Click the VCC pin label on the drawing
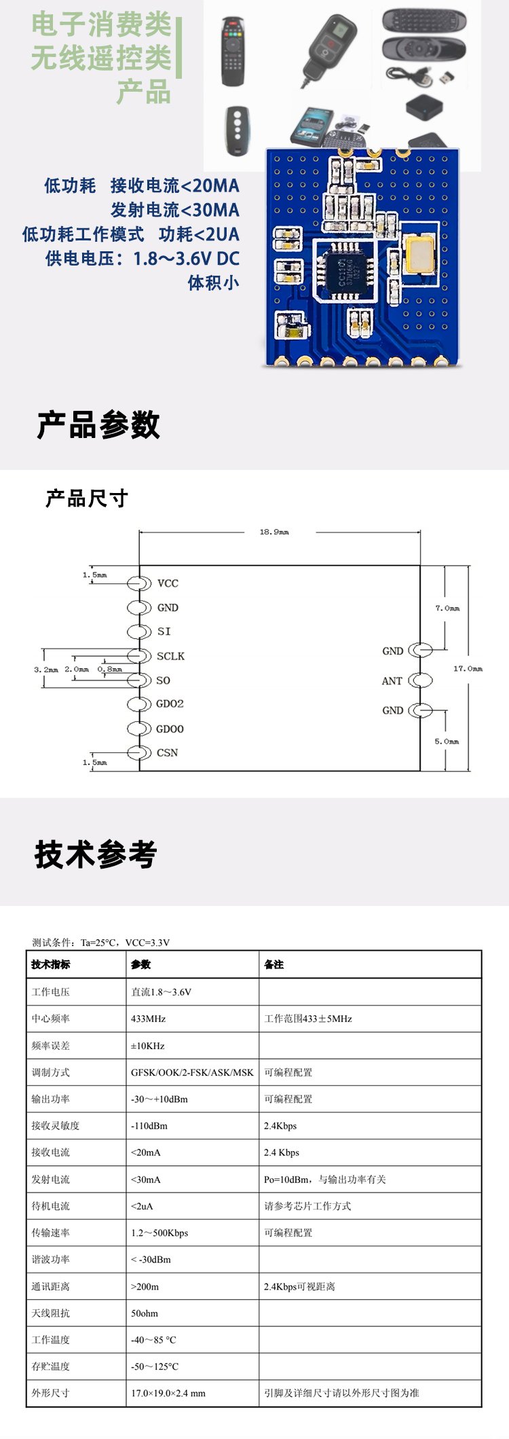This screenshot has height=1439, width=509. tap(168, 583)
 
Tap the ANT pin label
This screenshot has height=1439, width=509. tap(392, 681)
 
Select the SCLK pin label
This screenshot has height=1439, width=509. tap(170, 656)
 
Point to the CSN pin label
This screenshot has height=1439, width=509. tap(167, 752)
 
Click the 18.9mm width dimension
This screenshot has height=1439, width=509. tap(274, 532)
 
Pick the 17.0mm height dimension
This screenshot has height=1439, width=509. tap(468, 669)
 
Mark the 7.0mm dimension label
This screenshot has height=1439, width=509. tap(447, 608)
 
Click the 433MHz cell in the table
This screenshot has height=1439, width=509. tap(148, 1019)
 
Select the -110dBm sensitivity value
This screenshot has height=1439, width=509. tap(149, 1126)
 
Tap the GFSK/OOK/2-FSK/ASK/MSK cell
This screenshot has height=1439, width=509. tap(192, 1072)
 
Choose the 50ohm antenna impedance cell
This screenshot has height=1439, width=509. tap(144, 1313)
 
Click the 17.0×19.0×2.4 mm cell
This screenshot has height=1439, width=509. tap(168, 1393)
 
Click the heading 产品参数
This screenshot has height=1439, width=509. tap(98, 426)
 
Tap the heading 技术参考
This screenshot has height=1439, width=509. tap(96, 854)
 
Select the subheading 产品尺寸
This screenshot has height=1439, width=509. tap(86, 498)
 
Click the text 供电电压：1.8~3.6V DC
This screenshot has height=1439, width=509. tap(143, 259)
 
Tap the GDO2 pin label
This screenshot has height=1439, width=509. tap(170, 704)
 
